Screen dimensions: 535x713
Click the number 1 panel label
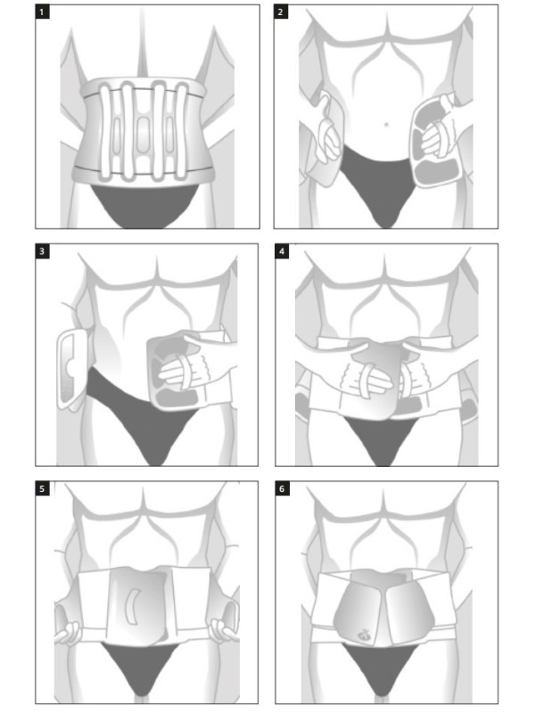coord(42,12)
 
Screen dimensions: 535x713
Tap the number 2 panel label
coord(281,12)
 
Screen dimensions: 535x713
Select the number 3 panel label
coord(42,251)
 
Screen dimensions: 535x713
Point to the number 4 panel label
coord(282,251)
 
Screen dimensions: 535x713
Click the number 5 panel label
coord(42,488)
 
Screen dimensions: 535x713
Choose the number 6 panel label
coord(282,488)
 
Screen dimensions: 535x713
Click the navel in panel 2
coord(386,124)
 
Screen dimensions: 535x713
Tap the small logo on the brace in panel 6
coord(364,634)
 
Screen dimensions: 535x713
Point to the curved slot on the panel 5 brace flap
coord(132,607)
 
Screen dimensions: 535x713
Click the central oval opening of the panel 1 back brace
coord(143,131)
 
